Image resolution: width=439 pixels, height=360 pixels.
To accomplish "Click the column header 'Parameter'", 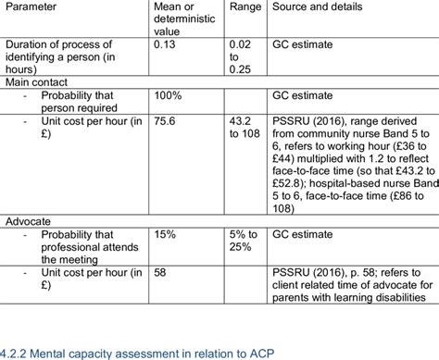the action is [33, 6].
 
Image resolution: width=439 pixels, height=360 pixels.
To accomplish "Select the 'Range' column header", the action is [243, 6].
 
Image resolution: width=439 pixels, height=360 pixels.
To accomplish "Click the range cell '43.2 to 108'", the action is [242, 126].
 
